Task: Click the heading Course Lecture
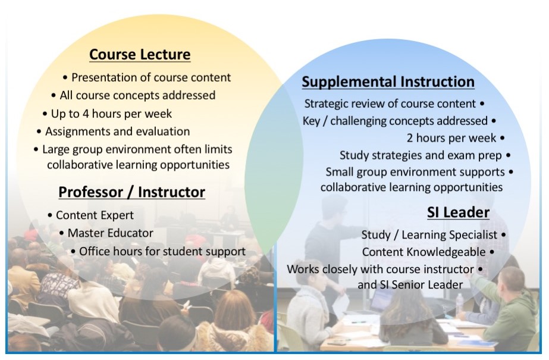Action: [140, 55]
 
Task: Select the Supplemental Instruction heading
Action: [388, 82]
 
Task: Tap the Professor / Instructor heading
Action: [131, 192]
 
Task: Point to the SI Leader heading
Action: [458, 212]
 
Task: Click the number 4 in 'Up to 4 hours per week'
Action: [86, 114]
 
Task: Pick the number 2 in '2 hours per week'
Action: [410, 138]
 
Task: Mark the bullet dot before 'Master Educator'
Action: [62, 233]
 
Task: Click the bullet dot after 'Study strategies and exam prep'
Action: [509, 155]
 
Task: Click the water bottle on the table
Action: [459, 302]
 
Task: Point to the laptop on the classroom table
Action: [382, 299]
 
